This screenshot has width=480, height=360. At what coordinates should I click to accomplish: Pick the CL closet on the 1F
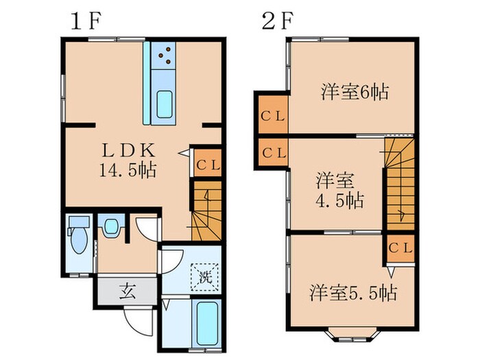pyautogui.click(x=208, y=164)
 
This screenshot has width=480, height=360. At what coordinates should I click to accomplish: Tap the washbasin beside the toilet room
pyautogui.click(x=110, y=228)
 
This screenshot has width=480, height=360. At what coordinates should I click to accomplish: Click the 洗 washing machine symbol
pyautogui.click(x=204, y=278)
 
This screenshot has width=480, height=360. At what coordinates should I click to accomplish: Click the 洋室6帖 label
pyautogui.click(x=354, y=91)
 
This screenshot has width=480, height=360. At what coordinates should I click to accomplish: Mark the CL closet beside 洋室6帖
pyautogui.click(x=272, y=116)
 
